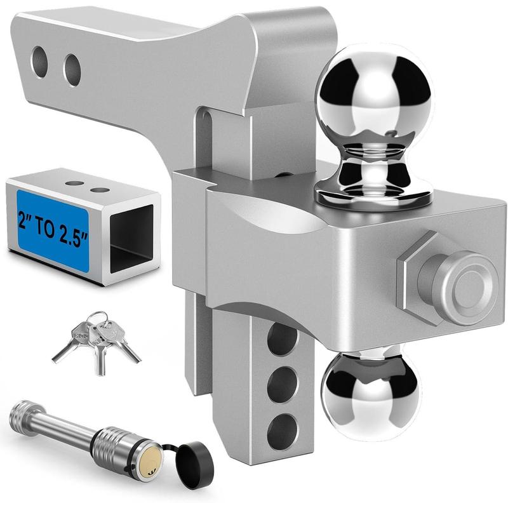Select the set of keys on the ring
coord(95,337)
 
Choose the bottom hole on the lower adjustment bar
coord(282,429)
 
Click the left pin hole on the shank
coord(40,62)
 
